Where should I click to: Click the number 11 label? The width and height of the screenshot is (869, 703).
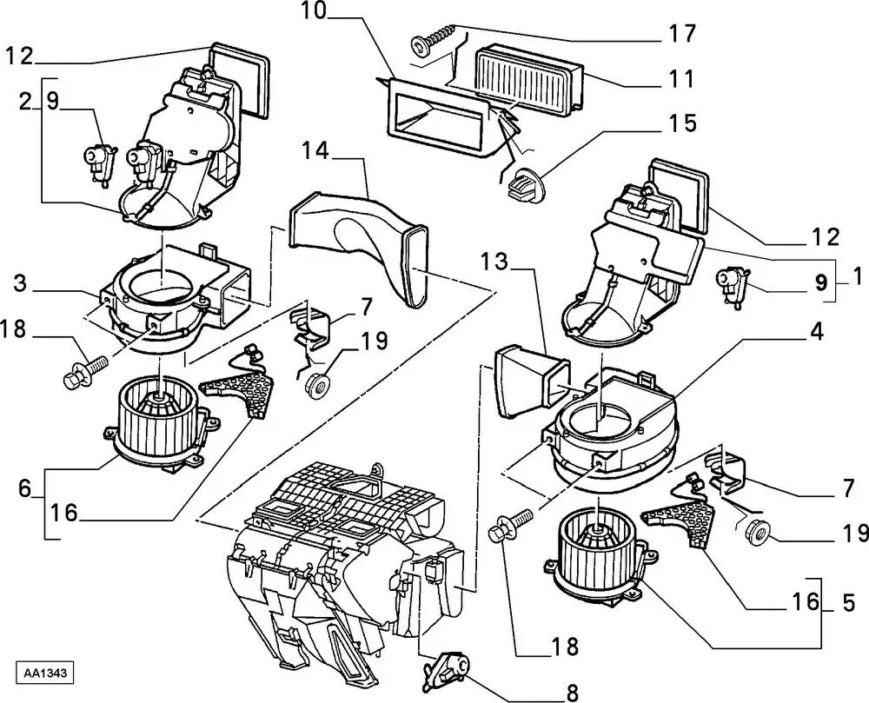(682, 79)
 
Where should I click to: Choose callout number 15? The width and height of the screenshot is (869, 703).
(682, 123)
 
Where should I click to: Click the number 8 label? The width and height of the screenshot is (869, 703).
(571, 693)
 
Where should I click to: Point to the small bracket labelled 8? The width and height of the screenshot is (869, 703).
(448, 671)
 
